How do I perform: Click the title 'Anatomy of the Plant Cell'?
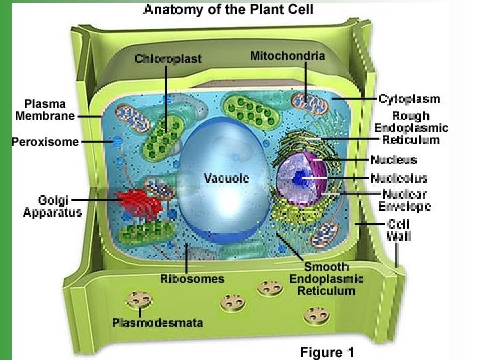coord(229,10)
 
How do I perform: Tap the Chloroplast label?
coord(167,59)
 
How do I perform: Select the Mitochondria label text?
coord(287,55)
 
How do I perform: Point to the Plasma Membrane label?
coord(46,110)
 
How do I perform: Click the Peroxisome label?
coord(45,141)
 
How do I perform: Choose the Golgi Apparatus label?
coord(52,205)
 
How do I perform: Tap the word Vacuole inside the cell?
coord(226,178)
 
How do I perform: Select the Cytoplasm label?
coord(409,99)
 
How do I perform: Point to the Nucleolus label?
coord(399,178)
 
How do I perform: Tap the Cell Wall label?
coord(399,230)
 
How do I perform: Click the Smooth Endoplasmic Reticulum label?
coord(326,279)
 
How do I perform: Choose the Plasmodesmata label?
coord(157,323)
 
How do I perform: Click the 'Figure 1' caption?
coord(327,352)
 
